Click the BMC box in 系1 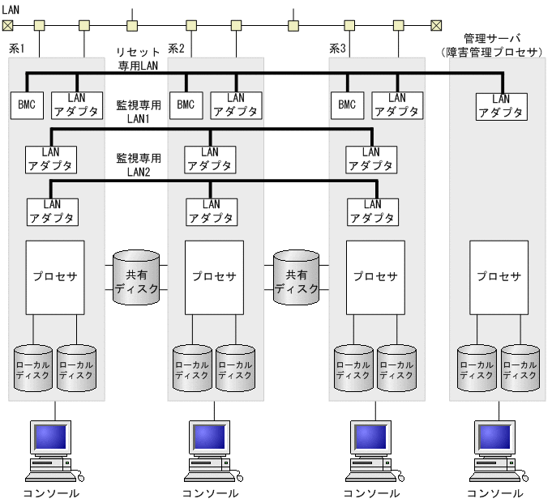[x=27, y=104]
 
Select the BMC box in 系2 [x=186, y=104]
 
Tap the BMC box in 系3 [x=347, y=104]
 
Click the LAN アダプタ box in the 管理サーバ [x=502, y=106]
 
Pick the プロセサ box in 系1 [x=55, y=276]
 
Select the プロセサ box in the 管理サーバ [x=499, y=276]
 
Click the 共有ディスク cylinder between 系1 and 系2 [x=136, y=277]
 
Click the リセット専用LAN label [x=138, y=58]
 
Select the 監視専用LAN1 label [x=139, y=112]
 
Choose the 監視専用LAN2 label [x=139, y=164]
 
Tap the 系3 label [x=337, y=49]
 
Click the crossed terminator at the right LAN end [x=436, y=25]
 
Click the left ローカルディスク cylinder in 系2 [x=192, y=369]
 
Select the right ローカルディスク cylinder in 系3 [x=397, y=369]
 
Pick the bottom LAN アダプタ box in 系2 [x=210, y=211]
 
